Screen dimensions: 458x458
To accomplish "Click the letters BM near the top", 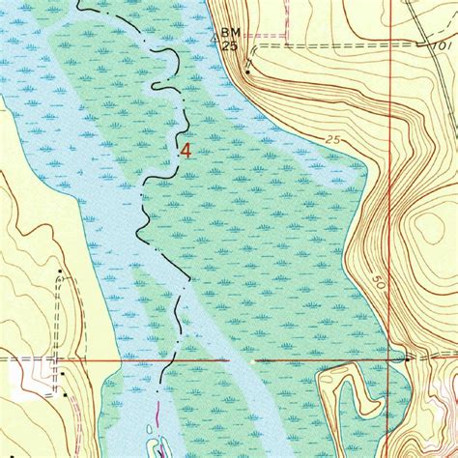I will point(230,32).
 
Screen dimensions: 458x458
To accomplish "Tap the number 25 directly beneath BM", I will point(229,44).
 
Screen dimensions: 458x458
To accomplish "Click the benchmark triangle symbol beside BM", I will point(215,40).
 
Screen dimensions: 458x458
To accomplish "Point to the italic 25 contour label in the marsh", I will point(333,141).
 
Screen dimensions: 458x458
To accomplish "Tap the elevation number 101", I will point(444,45).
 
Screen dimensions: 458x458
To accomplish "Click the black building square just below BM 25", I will point(248,71).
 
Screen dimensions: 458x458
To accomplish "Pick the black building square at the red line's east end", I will point(408,358).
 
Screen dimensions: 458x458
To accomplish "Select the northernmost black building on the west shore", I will point(60,272).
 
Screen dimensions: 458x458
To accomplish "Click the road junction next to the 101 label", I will point(425,43).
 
